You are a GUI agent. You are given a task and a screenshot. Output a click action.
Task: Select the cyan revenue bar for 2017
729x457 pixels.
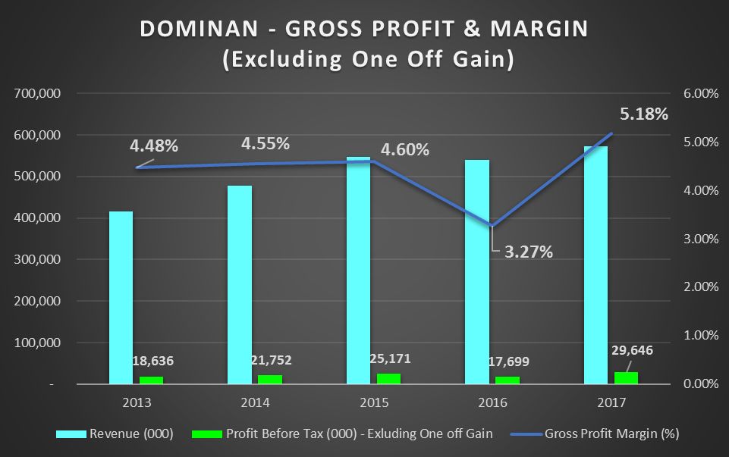pos(595,265)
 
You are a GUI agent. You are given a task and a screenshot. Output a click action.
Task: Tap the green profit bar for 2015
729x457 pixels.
pos(388,379)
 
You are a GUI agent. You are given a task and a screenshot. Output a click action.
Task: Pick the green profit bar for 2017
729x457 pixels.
pos(626,377)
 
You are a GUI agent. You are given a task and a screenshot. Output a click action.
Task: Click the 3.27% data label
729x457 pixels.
pos(529,251)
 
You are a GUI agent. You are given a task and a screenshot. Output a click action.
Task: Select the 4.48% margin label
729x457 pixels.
pos(155,146)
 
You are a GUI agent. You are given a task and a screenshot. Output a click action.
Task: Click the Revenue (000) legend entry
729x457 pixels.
pos(116,434)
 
